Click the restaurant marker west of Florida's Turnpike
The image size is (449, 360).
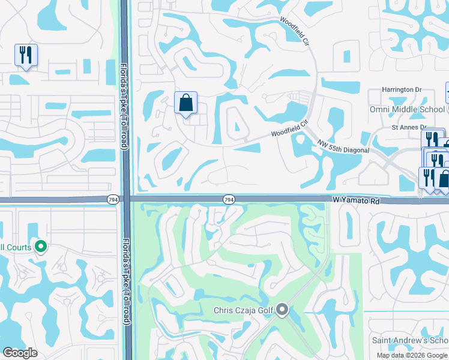pos(26,55)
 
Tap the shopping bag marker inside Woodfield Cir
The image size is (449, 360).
pos(185,103)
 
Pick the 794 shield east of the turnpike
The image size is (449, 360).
pos(228,199)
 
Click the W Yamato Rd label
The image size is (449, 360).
pos(357,202)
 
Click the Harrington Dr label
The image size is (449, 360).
pos(402,90)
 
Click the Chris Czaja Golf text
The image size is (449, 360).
pos(244,310)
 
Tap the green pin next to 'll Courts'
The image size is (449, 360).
pos(41,246)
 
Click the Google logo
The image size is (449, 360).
pos(20,353)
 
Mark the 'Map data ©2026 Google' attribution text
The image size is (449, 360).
pos(412,355)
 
